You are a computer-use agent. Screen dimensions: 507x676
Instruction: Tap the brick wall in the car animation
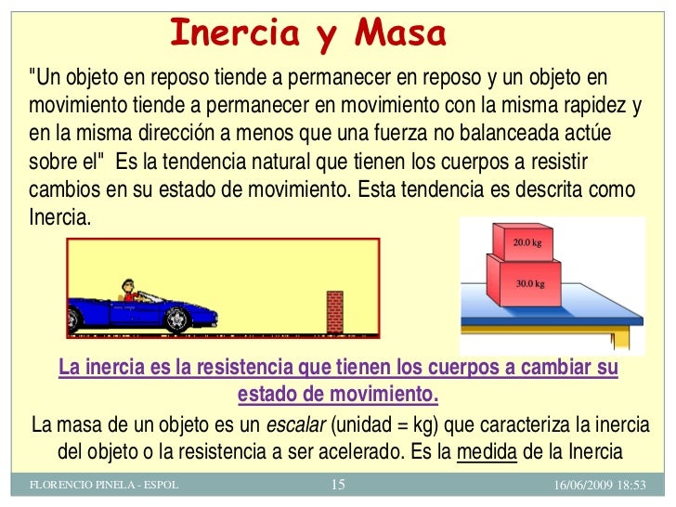coord(334,312)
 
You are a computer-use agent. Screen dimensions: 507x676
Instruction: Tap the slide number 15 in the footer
coord(337,485)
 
